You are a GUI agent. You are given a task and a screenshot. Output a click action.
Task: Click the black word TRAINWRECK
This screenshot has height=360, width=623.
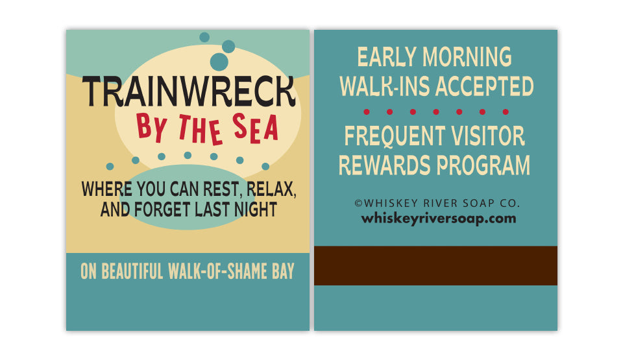(189, 91)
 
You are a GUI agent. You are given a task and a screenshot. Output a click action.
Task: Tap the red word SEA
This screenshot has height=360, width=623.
(256, 128)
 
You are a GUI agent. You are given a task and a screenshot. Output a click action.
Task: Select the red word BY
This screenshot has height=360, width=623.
(151, 127)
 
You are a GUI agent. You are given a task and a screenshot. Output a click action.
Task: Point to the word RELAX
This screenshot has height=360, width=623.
(271, 189)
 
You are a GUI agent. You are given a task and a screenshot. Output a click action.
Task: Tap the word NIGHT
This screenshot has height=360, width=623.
(256, 210)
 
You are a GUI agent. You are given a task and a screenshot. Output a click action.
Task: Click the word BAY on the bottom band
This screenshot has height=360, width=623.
(284, 271)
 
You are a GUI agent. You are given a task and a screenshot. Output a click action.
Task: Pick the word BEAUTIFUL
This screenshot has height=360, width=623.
(132, 271)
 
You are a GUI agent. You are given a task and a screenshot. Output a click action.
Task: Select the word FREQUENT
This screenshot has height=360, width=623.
(395, 136)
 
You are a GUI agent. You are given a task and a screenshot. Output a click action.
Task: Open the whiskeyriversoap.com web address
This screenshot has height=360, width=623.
(439, 219)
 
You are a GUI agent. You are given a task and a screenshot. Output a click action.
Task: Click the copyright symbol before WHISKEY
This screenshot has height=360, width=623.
(358, 204)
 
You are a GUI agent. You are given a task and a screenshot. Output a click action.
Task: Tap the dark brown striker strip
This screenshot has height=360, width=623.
(436, 265)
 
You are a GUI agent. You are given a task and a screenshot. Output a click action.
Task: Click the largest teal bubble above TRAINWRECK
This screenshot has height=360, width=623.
(219, 62)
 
